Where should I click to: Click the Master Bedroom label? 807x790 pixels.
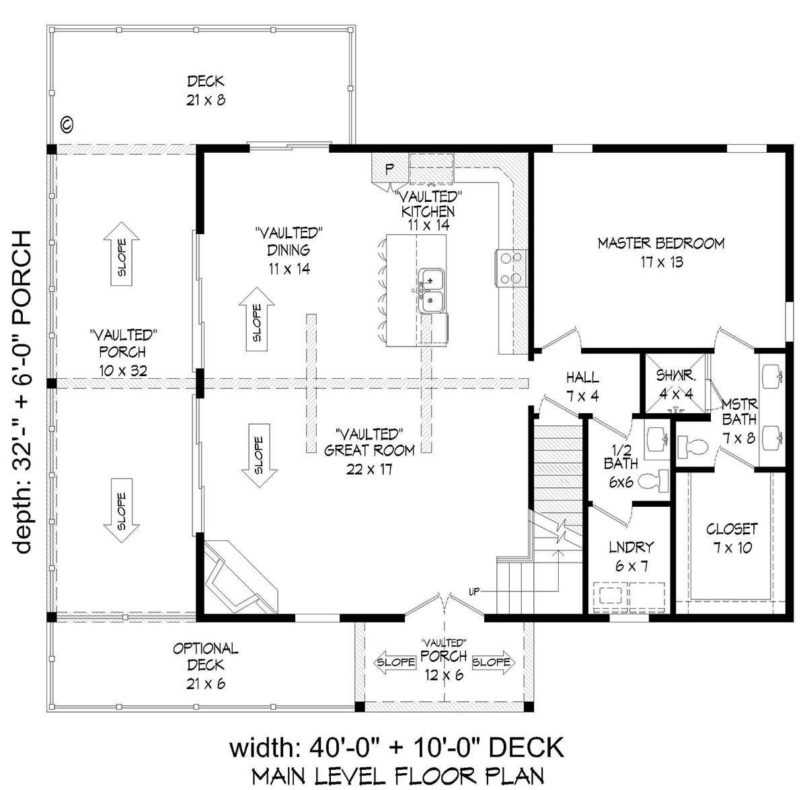tap(662, 252)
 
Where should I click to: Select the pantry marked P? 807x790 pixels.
tap(389, 168)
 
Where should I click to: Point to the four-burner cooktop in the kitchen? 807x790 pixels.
tap(510, 268)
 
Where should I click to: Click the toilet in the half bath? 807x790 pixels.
tap(653, 480)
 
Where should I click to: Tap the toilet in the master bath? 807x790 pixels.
tap(692, 446)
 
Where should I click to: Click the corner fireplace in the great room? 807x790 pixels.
tap(241, 576)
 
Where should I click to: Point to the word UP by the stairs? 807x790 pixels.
tap(474, 592)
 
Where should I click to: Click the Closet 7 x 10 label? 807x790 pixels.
tap(732, 538)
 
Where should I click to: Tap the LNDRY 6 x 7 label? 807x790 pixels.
tap(631, 556)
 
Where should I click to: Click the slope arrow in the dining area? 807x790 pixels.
tap(257, 319)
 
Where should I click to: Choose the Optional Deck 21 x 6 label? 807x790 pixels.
tap(206, 665)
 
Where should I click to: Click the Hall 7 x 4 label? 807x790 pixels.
tap(582, 387)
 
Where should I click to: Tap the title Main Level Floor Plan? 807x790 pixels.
tap(397, 775)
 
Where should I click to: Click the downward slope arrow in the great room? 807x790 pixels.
tap(259, 456)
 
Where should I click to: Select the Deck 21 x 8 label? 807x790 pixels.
tap(206, 90)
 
